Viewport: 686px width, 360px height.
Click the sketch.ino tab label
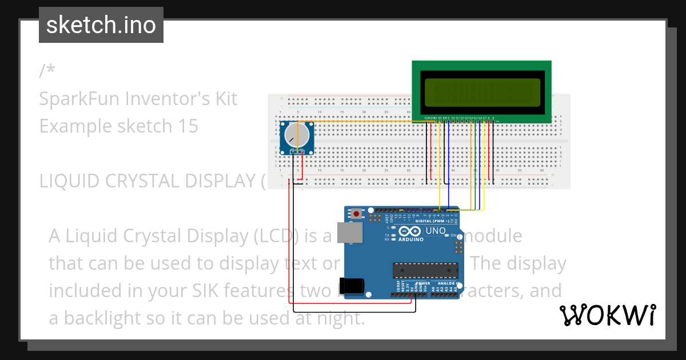101,25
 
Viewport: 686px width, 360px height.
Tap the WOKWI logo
607,315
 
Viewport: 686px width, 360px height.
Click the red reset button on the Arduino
357,214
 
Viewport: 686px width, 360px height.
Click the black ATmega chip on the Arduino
425,270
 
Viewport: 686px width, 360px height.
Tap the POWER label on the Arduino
423,283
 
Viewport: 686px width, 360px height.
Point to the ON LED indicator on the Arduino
453,235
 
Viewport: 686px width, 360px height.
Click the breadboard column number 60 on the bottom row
541,171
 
